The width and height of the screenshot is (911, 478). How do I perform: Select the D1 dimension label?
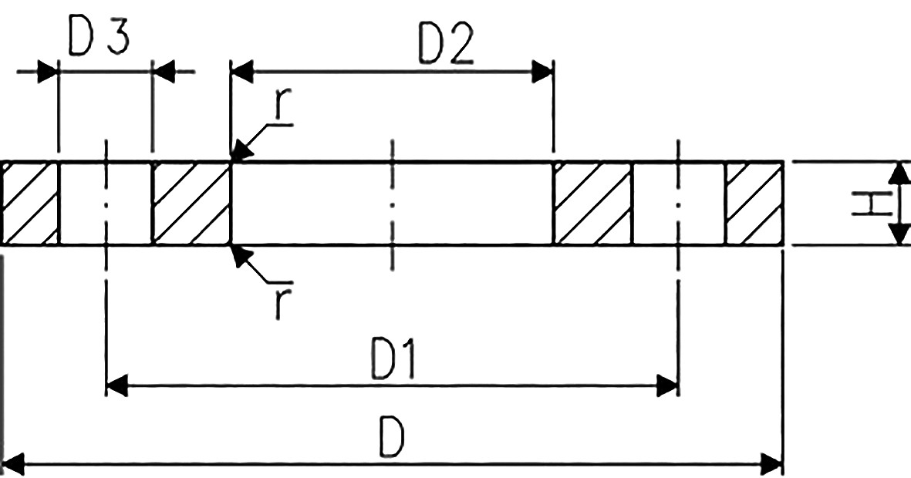pyautogui.click(x=393, y=360)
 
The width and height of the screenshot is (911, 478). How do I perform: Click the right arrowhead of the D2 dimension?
pyautogui.click(x=542, y=72)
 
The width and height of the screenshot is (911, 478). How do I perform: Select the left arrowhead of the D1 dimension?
pyautogui.click(x=116, y=385)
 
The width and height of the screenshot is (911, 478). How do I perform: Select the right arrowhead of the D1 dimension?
pyautogui.click(x=667, y=385)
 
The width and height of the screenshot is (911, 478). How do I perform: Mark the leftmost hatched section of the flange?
pyautogui.click(x=30, y=204)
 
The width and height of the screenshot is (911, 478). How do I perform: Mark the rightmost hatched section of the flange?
pyautogui.click(x=754, y=204)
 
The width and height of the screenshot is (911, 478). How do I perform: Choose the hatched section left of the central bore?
pyautogui.click(x=192, y=204)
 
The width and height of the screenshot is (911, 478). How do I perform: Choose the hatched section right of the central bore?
pyautogui.click(x=592, y=204)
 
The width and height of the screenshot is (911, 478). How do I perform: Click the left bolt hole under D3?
pyautogui.click(x=106, y=204)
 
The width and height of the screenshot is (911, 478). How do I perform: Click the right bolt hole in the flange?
pyautogui.click(x=679, y=204)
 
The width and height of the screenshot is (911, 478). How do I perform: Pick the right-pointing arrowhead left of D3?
pyautogui.click(x=49, y=72)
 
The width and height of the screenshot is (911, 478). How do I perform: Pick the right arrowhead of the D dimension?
pyautogui.click(x=772, y=465)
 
